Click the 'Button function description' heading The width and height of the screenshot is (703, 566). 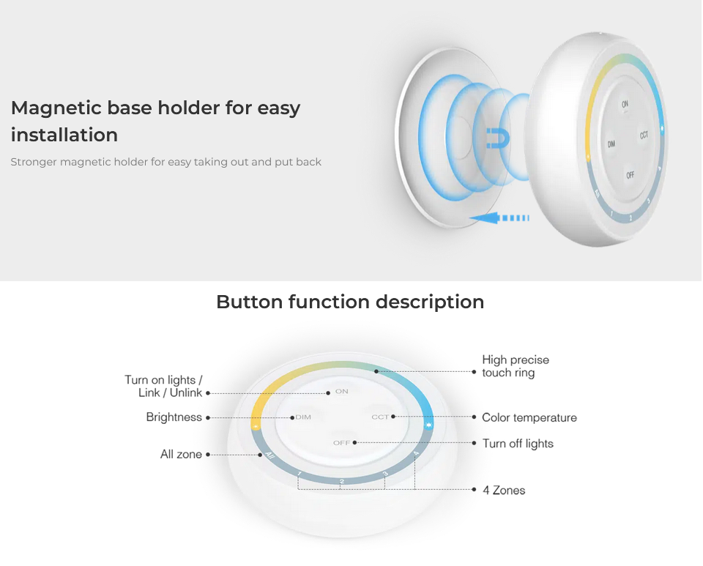point(350,302)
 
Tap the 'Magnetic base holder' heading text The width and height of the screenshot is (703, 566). point(155,121)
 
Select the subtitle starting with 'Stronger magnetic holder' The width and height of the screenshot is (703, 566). point(166,162)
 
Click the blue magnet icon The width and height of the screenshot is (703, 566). point(498,138)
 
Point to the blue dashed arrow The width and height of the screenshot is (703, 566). point(499,217)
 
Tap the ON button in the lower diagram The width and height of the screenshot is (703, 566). point(342,391)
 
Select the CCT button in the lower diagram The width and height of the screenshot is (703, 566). point(380,417)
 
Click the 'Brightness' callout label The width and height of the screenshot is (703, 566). point(174,417)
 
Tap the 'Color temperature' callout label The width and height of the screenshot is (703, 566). point(529,417)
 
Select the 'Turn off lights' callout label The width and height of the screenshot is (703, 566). point(518,444)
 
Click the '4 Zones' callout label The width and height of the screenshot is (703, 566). point(504,491)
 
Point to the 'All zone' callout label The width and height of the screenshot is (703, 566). point(181,455)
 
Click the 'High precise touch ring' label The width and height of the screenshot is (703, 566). point(516,366)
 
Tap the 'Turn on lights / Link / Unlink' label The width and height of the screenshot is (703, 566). point(163,387)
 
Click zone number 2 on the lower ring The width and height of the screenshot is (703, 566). point(342,482)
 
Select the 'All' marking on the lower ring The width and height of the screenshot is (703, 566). point(269,455)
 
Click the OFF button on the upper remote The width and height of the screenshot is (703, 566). point(630,175)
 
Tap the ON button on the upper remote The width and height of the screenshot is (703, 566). point(625,104)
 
